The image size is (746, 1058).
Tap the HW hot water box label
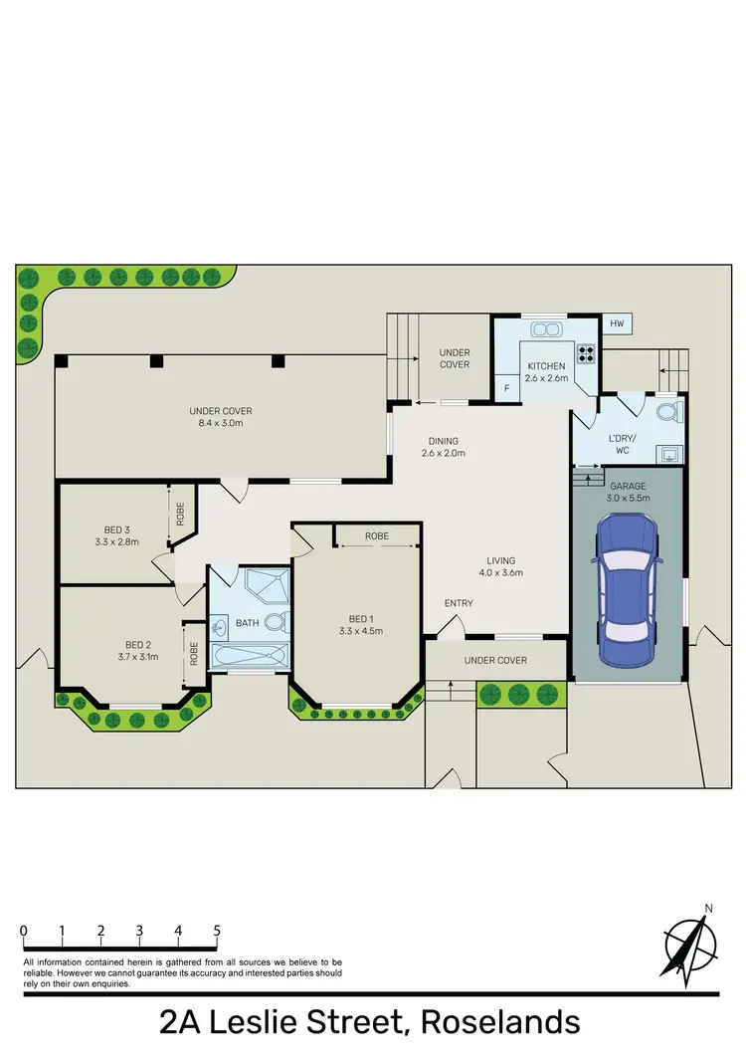[617, 324]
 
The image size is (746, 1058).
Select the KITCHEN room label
[546, 366]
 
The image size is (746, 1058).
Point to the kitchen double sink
[545, 329]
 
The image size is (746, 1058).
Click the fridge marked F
[507, 388]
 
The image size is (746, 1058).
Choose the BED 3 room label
[117, 529]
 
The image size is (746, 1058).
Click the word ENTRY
[459, 603]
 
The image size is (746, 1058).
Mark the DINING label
[444, 441]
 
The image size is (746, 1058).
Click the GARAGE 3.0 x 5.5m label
[628, 491]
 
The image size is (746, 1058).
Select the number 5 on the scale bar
[217, 931]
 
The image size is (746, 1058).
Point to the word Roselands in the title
[500, 1022]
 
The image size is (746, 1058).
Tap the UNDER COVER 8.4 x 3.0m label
[221, 417]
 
